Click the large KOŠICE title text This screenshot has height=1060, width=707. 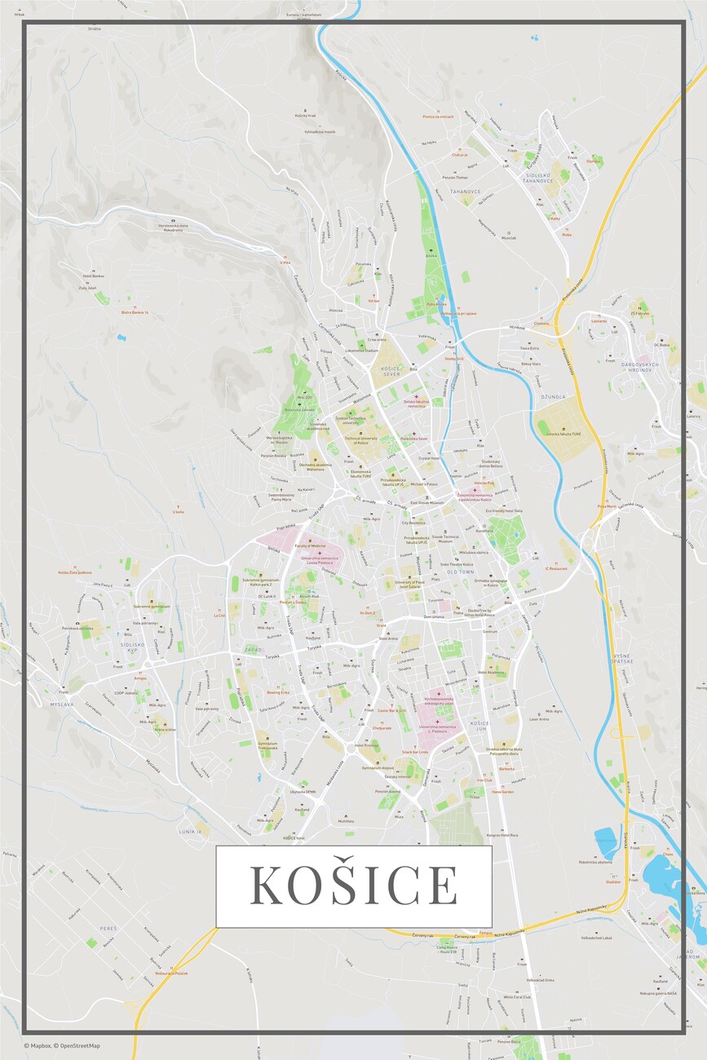tap(353, 886)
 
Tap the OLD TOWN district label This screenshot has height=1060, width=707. tap(460, 572)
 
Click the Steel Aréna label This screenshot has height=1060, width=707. tap(388, 638)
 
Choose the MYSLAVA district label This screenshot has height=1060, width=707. tap(62, 704)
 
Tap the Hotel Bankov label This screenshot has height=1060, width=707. tap(93, 276)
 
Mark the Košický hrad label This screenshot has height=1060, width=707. tap(305, 116)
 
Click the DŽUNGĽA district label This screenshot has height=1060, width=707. tap(552, 397)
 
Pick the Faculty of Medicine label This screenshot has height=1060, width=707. tap(310, 545)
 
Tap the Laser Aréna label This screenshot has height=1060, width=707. tap(539, 719)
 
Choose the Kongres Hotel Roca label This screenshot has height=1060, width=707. tap(503, 835)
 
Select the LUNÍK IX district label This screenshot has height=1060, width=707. tap(190, 831)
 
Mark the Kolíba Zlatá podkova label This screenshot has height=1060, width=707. tap(73, 572)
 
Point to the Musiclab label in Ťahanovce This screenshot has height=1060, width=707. tap(509, 238)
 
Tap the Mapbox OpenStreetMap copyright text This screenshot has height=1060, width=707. tap(62, 1045)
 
